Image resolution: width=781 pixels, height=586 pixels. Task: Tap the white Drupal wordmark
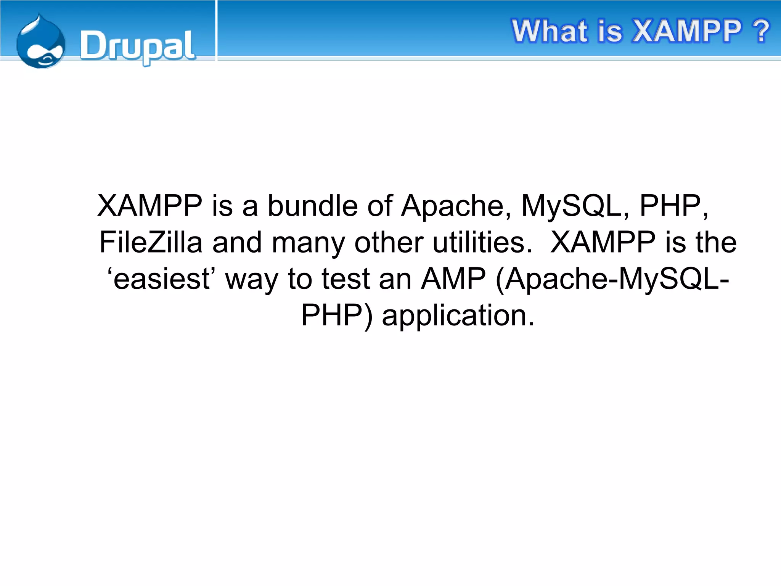click(137, 47)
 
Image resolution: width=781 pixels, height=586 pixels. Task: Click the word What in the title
click(550, 31)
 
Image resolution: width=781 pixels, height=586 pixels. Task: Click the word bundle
click(312, 206)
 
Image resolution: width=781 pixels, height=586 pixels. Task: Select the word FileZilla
click(151, 242)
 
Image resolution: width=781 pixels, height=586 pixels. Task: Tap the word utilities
click(482, 242)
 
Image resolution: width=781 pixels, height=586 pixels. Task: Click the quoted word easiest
click(162, 279)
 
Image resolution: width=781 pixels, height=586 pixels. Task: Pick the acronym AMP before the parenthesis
click(453, 279)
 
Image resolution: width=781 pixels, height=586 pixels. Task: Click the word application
click(458, 316)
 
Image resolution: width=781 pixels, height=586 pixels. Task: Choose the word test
click(345, 279)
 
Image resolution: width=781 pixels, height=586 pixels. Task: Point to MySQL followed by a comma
click(572, 206)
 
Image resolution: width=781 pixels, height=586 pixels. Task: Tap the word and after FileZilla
click(237, 242)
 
